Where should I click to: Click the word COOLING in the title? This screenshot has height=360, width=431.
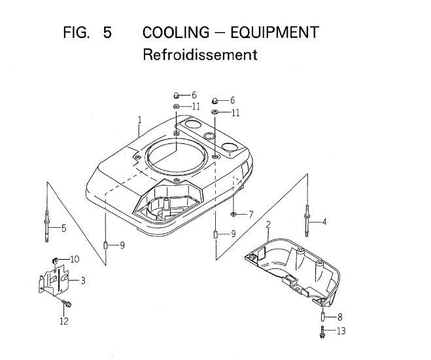(176, 33)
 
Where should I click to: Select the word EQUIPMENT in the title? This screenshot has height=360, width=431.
(275, 33)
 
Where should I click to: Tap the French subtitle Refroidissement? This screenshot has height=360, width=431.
(200, 54)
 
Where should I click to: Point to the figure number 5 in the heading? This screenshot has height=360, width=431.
(107, 33)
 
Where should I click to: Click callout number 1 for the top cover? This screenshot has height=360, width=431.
(140, 120)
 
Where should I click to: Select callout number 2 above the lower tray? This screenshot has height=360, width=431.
(268, 225)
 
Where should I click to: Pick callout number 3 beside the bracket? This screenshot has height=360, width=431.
(83, 281)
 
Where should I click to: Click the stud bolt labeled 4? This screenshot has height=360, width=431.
(307, 221)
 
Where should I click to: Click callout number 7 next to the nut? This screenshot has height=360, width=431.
(250, 215)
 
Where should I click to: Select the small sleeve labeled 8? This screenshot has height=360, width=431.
(322, 316)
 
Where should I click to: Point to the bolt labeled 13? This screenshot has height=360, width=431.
(322, 332)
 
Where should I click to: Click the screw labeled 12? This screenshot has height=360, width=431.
(67, 303)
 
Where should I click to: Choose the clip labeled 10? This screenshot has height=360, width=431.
(55, 259)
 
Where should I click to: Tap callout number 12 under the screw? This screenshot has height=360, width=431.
(64, 321)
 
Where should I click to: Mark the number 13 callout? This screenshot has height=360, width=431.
(341, 331)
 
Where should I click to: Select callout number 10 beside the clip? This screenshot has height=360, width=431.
(75, 259)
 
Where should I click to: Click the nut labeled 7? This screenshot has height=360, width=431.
(233, 214)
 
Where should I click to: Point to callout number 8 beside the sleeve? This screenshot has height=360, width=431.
(339, 317)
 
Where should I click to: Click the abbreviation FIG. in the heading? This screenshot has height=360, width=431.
(77, 33)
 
